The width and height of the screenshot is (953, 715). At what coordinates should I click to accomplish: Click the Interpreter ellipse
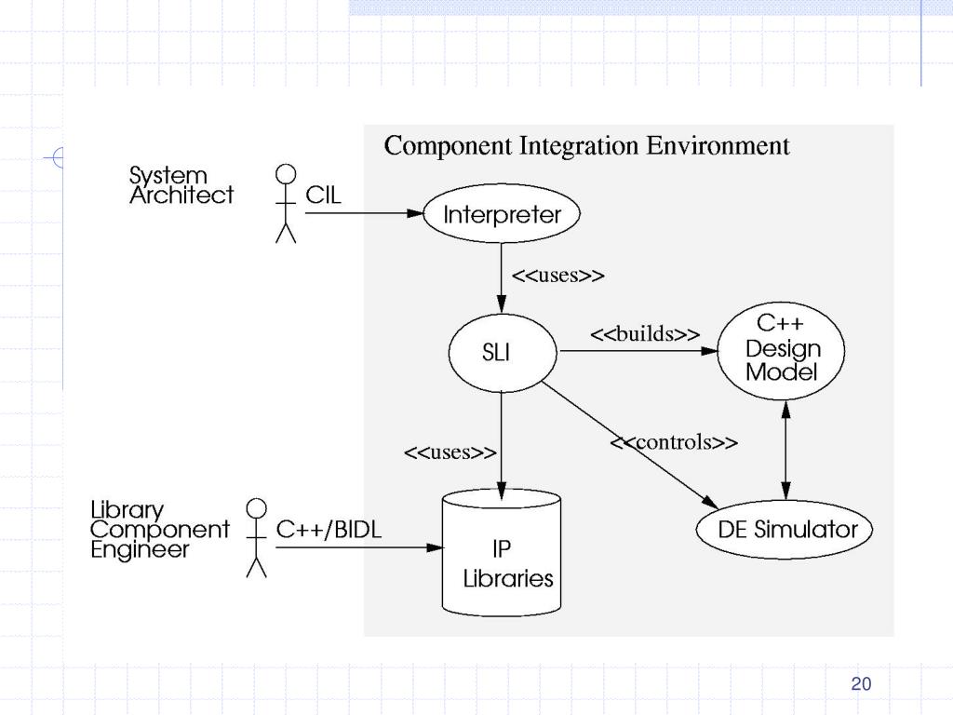(x=502, y=215)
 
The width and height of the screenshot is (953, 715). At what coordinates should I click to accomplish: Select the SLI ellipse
(x=502, y=354)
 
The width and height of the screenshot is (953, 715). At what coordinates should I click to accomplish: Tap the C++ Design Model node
(x=782, y=349)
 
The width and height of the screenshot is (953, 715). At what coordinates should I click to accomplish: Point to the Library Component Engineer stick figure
(x=256, y=537)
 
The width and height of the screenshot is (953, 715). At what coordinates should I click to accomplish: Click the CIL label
(x=324, y=196)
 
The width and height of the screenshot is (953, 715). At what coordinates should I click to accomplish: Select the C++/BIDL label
(x=329, y=529)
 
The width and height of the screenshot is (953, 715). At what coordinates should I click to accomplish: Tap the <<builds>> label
(x=645, y=334)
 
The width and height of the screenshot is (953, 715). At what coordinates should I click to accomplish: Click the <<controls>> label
(x=674, y=442)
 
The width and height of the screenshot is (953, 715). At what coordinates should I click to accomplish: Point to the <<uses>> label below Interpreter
(x=558, y=276)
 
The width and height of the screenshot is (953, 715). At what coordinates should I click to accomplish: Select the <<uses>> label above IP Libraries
(x=450, y=452)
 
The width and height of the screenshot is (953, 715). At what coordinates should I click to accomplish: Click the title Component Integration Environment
(x=586, y=146)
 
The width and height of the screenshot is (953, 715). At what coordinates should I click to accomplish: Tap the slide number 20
(x=861, y=684)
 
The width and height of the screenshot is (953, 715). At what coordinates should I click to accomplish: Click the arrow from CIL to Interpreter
(x=363, y=213)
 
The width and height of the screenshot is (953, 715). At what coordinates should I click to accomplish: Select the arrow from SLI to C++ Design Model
(x=638, y=351)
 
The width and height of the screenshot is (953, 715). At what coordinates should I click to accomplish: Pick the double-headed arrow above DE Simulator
(x=786, y=452)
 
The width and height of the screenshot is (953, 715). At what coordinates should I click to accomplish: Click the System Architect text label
(x=181, y=185)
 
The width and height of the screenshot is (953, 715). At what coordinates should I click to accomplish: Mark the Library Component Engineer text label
(x=159, y=530)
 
